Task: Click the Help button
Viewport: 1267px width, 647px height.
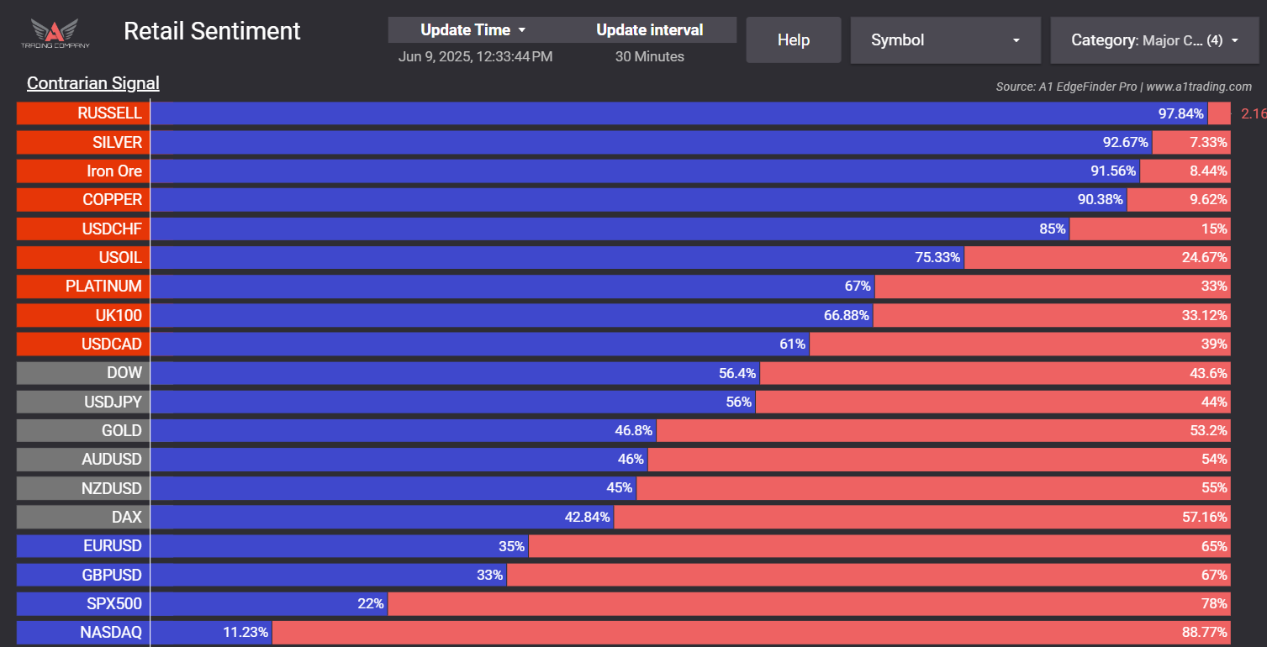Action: click(793, 40)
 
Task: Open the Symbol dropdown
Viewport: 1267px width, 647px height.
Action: click(945, 40)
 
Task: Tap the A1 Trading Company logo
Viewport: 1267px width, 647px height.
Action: click(55, 34)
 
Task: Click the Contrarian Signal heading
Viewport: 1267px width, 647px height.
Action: click(92, 83)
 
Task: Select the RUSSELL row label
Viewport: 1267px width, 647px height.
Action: click(83, 113)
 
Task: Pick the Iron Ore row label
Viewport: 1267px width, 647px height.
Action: click(83, 171)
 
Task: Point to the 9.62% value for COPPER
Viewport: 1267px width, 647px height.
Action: click(1208, 200)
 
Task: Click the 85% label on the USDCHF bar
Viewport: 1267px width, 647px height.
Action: click(1053, 229)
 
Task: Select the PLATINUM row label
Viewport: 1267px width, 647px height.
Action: click(83, 286)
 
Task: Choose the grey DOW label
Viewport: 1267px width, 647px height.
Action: click(83, 372)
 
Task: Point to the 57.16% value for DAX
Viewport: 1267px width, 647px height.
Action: click(1205, 517)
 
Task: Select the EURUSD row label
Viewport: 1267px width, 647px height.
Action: click(83, 545)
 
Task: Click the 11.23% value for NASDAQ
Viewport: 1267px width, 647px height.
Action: click(246, 632)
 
